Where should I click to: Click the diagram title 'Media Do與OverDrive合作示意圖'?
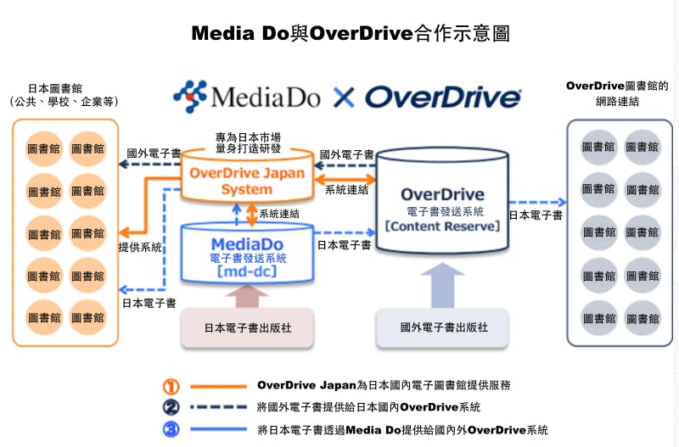(x=350, y=34)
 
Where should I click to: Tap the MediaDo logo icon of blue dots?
(x=190, y=96)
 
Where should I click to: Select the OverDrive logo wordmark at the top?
(x=443, y=97)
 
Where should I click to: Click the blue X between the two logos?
(x=343, y=98)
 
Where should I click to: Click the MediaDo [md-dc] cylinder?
(x=246, y=252)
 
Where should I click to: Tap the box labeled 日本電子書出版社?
(x=248, y=327)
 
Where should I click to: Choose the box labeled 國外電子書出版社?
(x=443, y=327)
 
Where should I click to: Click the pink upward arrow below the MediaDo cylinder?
(x=247, y=298)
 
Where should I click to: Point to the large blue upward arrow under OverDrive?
(x=443, y=284)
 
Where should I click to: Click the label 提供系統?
(x=140, y=247)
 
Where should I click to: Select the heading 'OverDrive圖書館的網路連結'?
(x=618, y=92)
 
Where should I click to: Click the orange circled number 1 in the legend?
(x=171, y=386)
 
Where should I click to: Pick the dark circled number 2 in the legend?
(x=171, y=407)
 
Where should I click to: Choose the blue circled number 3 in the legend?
(x=171, y=429)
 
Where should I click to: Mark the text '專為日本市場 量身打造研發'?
(x=248, y=142)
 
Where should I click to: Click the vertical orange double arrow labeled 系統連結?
(x=251, y=215)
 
